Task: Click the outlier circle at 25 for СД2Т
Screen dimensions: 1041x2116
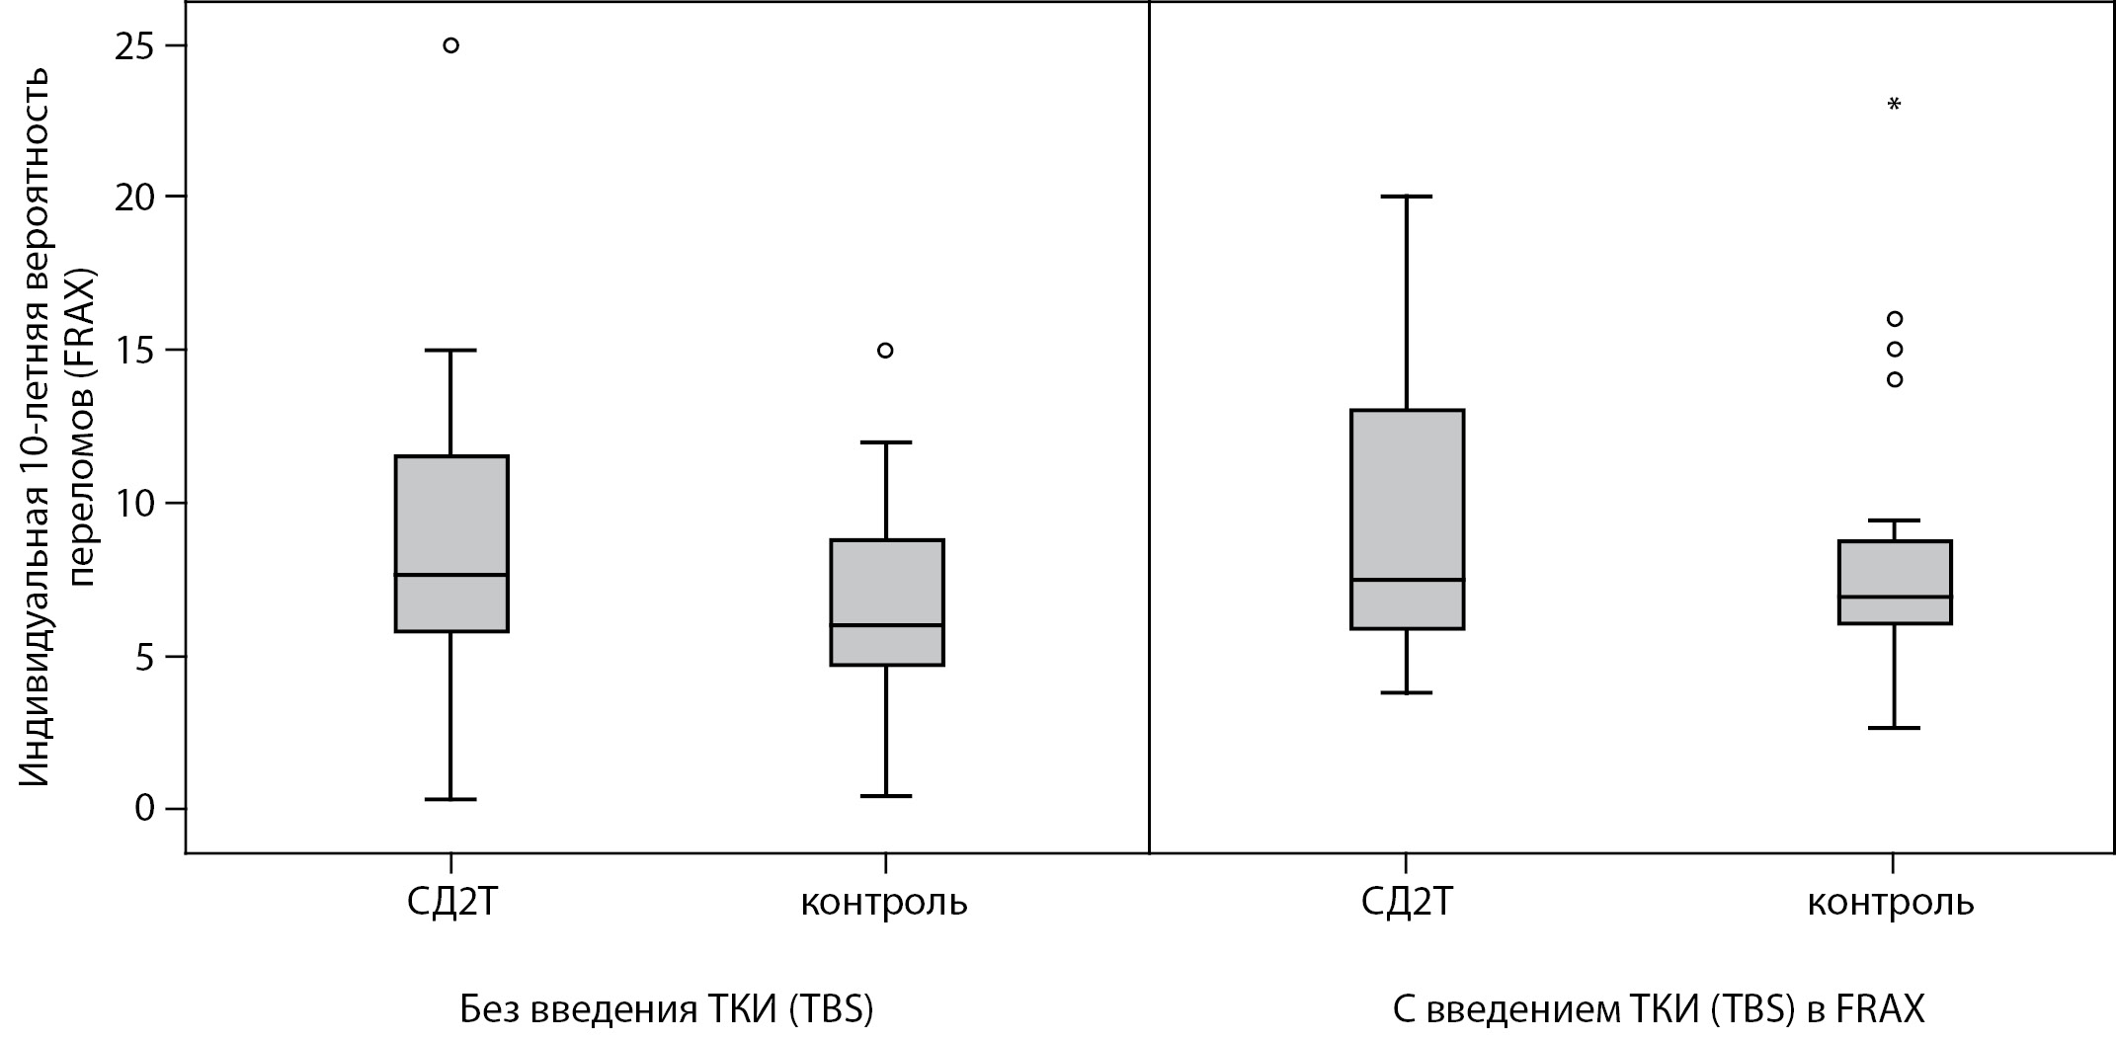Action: pyautogui.click(x=450, y=45)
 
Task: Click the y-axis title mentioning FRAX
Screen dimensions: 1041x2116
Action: pyautogui.click(x=59, y=427)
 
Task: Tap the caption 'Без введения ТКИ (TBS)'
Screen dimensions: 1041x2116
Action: pyautogui.click(x=667, y=1010)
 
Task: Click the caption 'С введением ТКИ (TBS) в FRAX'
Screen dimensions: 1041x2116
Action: pyautogui.click(x=1659, y=1010)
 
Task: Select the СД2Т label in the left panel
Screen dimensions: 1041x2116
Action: pyautogui.click(x=450, y=903)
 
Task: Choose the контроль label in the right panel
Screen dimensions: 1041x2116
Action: pyautogui.click(x=1891, y=903)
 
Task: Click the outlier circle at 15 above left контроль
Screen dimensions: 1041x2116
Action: pyautogui.click(x=885, y=351)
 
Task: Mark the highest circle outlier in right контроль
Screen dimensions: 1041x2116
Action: pyautogui.click(x=1894, y=319)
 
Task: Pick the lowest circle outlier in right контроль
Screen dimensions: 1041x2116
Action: pyautogui.click(x=1894, y=379)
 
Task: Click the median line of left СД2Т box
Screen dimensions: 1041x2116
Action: pyautogui.click(x=451, y=575)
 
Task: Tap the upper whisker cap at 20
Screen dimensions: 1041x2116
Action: pyautogui.click(x=1406, y=197)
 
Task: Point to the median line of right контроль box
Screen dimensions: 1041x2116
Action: pyautogui.click(x=1894, y=597)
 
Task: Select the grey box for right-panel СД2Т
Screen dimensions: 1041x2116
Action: pyautogui.click(x=1407, y=519)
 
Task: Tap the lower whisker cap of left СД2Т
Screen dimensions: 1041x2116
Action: pyautogui.click(x=450, y=799)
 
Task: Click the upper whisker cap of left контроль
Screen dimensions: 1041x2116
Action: pyautogui.click(x=885, y=442)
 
